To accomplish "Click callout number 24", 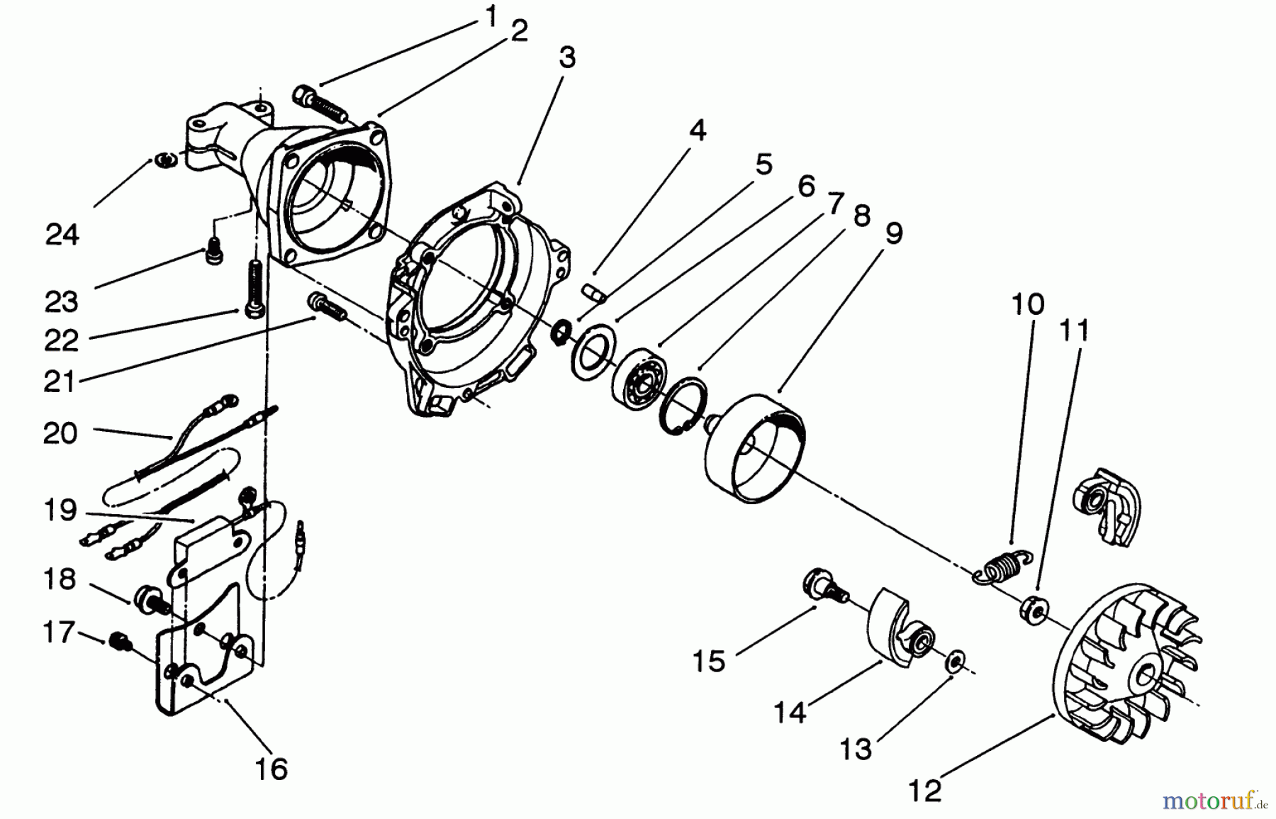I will click(x=62, y=234).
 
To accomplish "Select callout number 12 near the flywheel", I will click(x=925, y=789).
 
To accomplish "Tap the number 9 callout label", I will click(x=894, y=233).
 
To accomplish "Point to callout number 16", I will click(x=272, y=769).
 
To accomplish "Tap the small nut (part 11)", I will click(x=1032, y=611).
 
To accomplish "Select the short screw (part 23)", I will click(x=213, y=252).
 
